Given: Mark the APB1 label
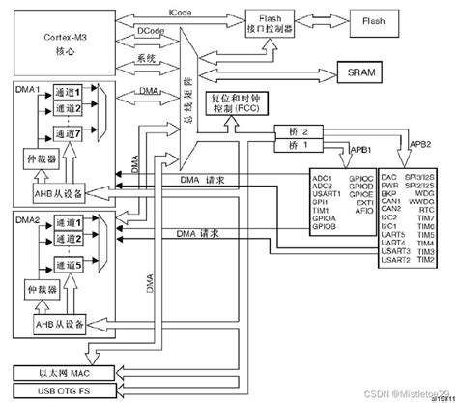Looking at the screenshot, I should coord(360,150).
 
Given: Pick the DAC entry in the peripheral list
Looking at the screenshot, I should coord(388,179).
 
